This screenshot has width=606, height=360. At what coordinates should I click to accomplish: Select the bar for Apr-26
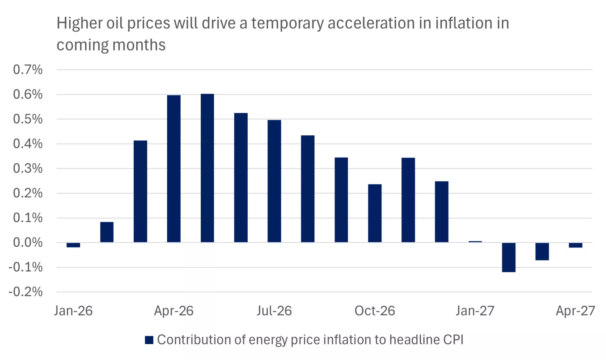coord(173,169)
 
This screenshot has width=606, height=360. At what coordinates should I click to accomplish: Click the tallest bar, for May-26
coord(207,168)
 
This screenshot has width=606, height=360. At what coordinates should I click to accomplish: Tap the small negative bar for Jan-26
coord(73,245)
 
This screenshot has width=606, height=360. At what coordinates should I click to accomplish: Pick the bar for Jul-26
coord(274,181)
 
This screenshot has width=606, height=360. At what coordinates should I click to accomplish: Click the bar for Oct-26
coord(375,213)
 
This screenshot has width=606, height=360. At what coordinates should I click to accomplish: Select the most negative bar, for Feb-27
coord(509,257)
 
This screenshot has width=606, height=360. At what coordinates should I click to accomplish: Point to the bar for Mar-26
coord(140,191)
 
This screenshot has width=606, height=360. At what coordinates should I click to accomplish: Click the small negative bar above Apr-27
coord(575,245)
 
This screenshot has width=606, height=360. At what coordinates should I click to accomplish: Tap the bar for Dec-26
coord(442,212)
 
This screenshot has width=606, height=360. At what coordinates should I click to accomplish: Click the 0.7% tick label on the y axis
coord(28,70)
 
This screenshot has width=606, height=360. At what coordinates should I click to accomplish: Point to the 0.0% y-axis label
coord(28,243)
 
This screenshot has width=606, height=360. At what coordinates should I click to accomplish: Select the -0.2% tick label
coord(26,292)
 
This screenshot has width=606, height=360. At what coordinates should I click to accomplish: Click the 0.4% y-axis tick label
coord(28,144)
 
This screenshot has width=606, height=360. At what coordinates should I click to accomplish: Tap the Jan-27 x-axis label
coord(475,311)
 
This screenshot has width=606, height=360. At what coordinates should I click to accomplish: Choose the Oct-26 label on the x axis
coord(375,311)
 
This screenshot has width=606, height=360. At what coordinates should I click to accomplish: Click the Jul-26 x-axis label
coord(274,311)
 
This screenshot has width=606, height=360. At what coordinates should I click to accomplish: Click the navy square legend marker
coord(149,340)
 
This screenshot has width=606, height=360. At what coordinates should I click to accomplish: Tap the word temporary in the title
coord(287,23)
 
